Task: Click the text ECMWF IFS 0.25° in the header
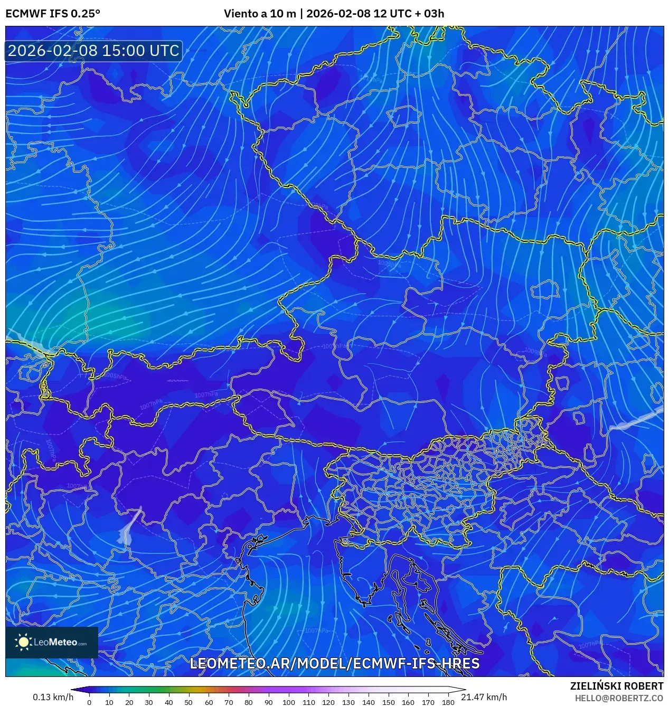[x=53, y=14]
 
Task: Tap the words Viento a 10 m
[x=260, y=14]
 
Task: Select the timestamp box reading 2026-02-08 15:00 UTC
[x=93, y=51]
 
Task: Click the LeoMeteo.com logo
[x=52, y=642]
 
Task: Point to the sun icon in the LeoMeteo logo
[x=24, y=642]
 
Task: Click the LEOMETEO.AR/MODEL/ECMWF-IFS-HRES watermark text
[x=335, y=664]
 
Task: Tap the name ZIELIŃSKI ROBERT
[x=616, y=686]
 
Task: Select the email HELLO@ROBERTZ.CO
[x=619, y=698]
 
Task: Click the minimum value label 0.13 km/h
[x=53, y=697]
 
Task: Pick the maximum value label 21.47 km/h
[x=484, y=697]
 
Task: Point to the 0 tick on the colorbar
[x=89, y=702]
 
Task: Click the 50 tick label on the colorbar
[x=189, y=702]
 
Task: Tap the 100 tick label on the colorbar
[x=288, y=702]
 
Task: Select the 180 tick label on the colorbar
[x=448, y=702]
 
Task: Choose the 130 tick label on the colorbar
[x=348, y=702]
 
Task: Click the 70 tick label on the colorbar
[x=229, y=702]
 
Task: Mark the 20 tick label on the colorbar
[x=129, y=702]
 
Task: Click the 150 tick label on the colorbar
[x=388, y=702]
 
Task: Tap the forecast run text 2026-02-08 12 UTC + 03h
[x=375, y=14]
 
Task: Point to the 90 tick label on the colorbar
[x=268, y=702]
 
